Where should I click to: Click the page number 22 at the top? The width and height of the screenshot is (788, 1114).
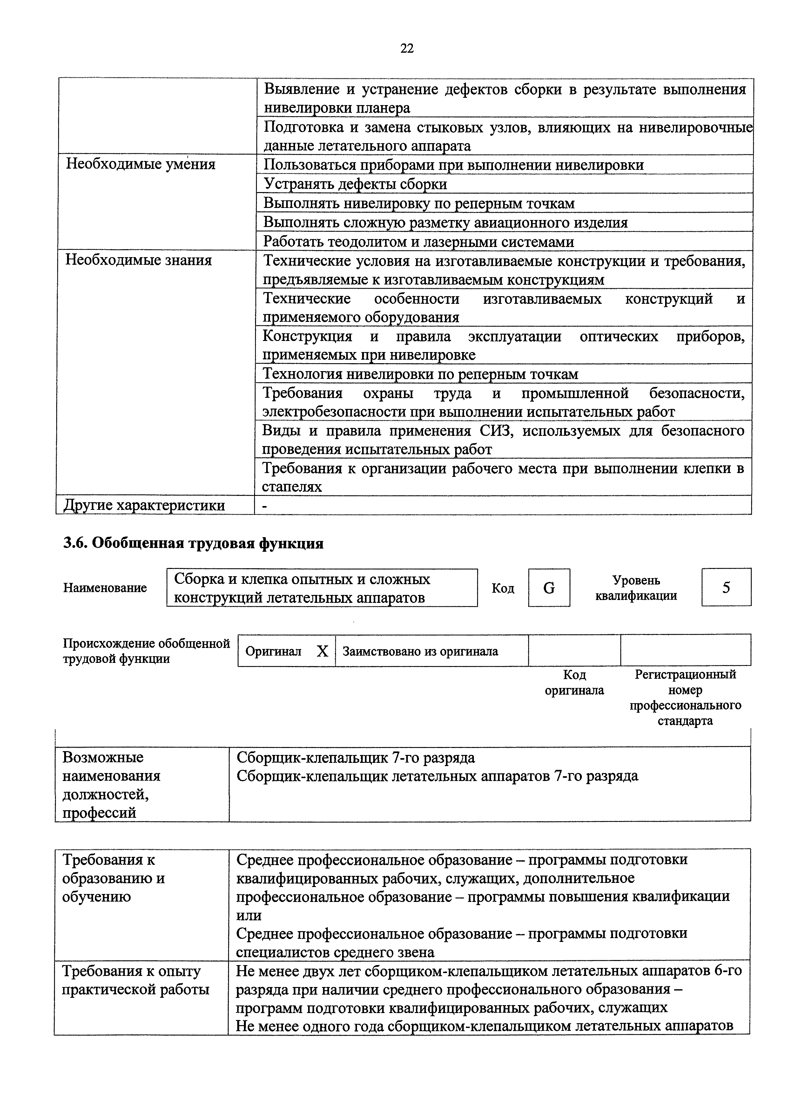point(407,48)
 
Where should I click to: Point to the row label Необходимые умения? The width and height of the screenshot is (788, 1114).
point(141,164)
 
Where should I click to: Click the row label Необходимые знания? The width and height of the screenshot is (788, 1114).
point(139,261)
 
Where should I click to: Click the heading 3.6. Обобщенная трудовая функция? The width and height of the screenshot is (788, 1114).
point(193,544)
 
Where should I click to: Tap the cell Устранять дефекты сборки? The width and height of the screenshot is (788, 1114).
point(355,184)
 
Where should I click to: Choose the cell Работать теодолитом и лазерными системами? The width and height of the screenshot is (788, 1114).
point(419,242)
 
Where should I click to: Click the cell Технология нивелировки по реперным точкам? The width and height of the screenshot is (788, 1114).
point(421,374)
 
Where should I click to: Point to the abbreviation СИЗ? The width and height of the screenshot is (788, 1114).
point(497,431)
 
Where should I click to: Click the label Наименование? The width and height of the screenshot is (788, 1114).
point(105,588)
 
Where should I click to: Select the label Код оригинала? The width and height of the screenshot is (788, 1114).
point(574,683)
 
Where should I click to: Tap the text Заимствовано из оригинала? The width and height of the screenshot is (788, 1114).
point(421,651)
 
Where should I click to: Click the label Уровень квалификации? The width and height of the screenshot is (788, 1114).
point(636,588)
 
